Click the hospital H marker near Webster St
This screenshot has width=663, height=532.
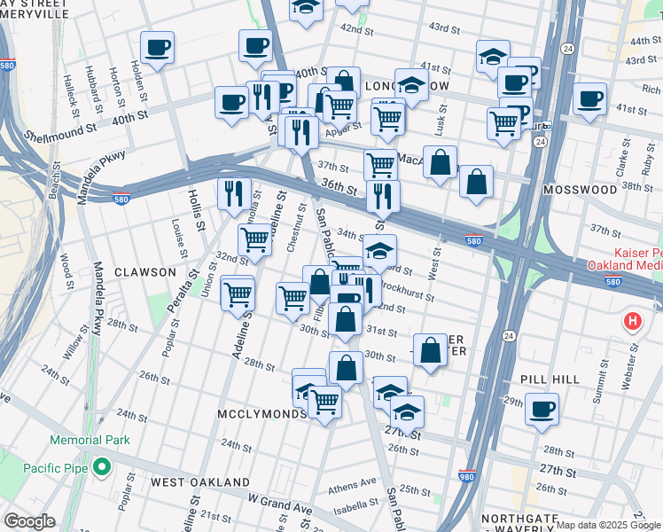631,321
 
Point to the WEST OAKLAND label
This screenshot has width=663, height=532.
199,481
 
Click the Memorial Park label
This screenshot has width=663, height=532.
90,440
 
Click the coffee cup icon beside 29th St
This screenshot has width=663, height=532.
542,410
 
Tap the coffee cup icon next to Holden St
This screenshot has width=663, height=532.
158,47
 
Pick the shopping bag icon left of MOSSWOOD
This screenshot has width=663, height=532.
476,181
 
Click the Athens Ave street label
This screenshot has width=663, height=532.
352,486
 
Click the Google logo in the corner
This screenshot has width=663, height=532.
30,521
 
